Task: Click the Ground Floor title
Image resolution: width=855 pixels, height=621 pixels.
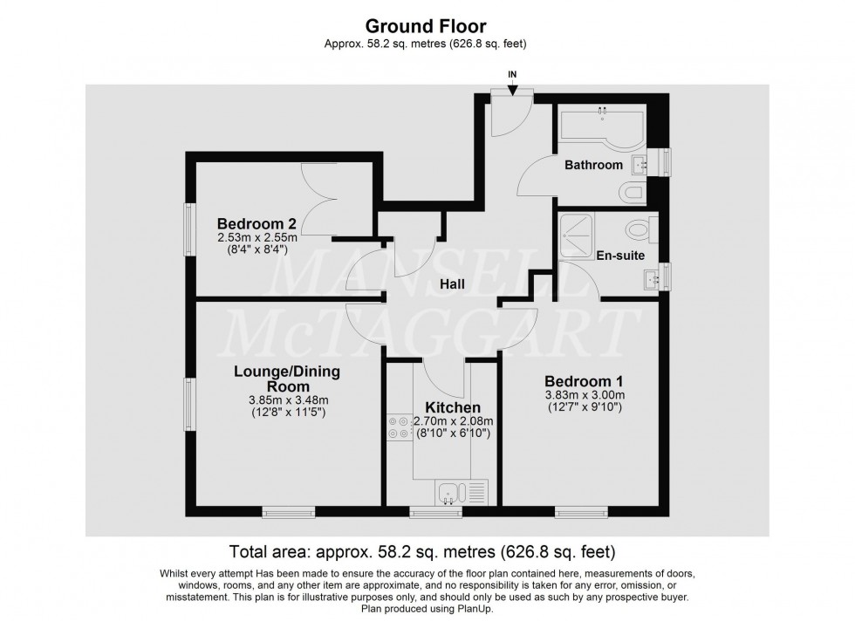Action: tap(426, 25)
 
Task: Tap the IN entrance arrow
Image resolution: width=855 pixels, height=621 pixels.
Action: tap(512, 88)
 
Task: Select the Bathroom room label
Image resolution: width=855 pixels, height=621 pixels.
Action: tap(593, 165)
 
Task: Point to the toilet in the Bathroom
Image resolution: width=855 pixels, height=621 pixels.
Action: tap(633, 192)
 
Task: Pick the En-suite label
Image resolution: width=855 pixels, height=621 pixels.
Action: tap(620, 256)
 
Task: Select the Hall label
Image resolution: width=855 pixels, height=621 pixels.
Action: tap(453, 283)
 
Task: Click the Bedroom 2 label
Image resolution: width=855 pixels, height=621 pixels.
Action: tap(256, 223)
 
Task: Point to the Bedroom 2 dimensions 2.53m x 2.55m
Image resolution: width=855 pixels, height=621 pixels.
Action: tap(256, 238)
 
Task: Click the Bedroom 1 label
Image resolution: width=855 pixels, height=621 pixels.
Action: tap(584, 381)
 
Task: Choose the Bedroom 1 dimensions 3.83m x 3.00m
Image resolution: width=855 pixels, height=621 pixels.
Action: tap(585, 395)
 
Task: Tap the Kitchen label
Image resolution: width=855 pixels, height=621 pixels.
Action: tap(453, 407)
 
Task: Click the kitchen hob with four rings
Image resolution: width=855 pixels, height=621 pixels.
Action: tap(400, 428)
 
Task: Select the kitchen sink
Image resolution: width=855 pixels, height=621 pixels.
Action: tap(451, 493)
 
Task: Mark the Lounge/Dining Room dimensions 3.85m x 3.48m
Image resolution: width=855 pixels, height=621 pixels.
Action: tap(289, 399)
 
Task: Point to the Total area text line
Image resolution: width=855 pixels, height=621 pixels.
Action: tap(422, 552)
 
